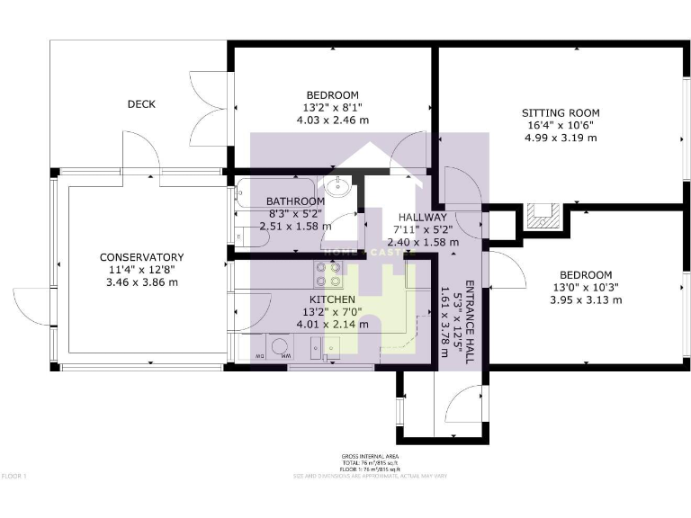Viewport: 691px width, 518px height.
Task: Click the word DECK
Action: pos(140,104)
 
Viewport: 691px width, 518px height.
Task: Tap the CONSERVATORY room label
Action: pos(141,257)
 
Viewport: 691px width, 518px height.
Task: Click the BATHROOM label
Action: pos(295,201)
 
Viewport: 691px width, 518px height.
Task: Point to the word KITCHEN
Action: pos(332,299)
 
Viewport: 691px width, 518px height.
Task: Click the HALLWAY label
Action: pos(422,217)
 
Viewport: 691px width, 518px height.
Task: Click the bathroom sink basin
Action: pos(342,187)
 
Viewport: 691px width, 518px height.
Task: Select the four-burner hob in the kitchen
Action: pos(328,273)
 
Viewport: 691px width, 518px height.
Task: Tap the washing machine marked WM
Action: pos(278,347)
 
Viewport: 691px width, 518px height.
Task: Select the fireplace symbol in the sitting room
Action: pos(543,213)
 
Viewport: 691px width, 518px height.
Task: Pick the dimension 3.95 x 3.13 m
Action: pos(585,300)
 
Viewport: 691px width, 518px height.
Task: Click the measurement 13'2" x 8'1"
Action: pos(332,108)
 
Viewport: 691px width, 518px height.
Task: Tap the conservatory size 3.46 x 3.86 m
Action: pos(141,282)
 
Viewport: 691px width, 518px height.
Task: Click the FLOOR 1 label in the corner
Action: pos(15,476)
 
